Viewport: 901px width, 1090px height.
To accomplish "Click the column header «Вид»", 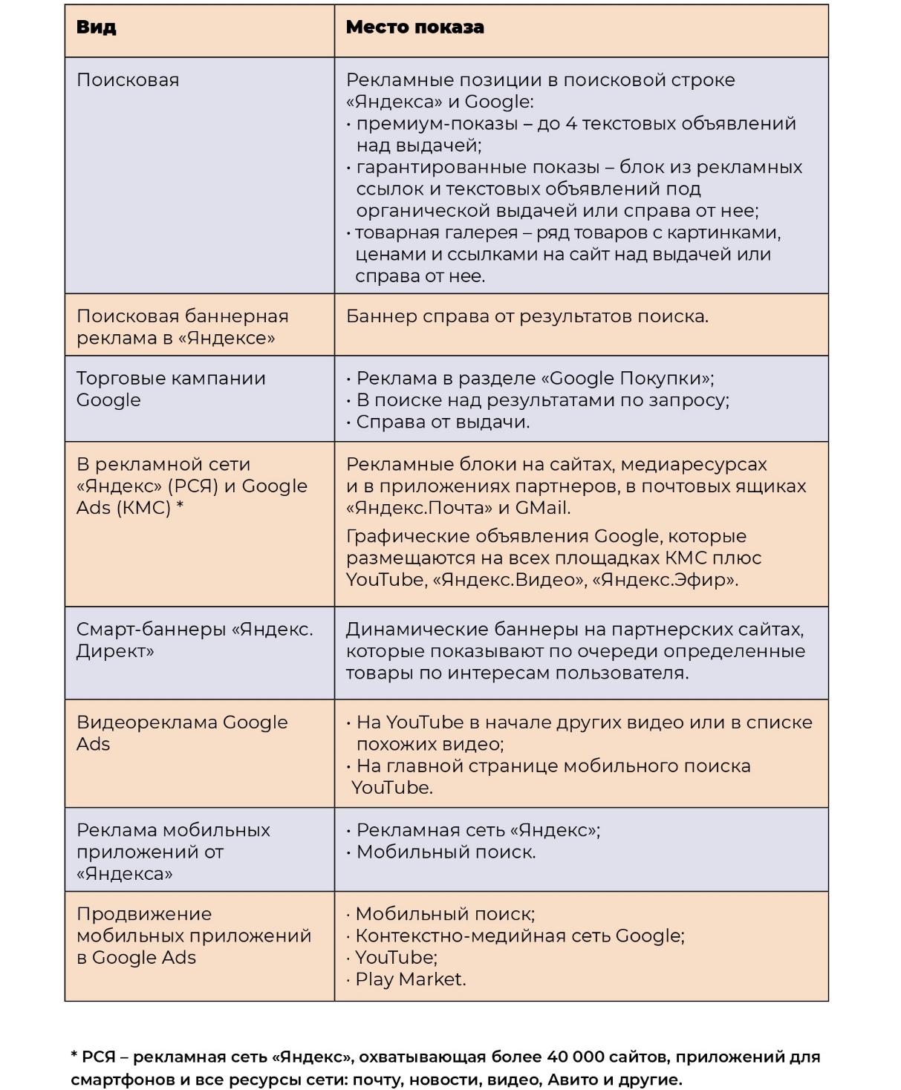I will click(x=97, y=27).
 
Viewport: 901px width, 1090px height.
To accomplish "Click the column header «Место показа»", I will click(x=414, y=27).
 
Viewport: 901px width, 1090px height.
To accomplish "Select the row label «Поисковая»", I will click(x=128, y=80).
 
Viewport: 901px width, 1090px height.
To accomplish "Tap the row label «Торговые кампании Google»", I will click(x=171, y=389).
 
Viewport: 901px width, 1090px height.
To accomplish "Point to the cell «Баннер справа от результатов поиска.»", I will click(x=527, y=316).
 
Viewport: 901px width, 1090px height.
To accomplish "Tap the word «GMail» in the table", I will click(x=542, y=508).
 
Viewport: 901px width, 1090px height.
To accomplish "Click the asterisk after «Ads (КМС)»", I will click(x=180, y=508).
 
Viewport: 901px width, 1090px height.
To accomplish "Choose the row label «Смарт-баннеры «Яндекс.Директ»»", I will click(x=194, y=640).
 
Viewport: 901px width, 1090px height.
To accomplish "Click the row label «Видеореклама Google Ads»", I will click(x=182, y=733).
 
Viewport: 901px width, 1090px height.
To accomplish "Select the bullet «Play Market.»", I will click(x=410, y=979).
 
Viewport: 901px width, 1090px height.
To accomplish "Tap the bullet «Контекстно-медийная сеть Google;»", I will click(x=520, y=936).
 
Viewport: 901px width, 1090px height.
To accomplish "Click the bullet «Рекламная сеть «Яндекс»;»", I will click(x=478, y=830).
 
